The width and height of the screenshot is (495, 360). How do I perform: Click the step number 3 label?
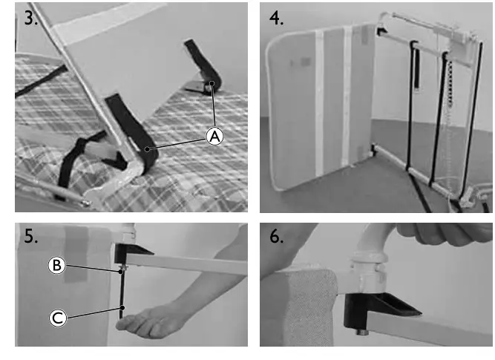click(32, 19)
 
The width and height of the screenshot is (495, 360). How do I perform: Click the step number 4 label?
click(276, 19)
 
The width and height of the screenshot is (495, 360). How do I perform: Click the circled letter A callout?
click(214, 136)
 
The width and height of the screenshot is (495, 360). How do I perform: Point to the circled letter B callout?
click(56, 264)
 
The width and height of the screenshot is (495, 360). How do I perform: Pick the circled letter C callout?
click(58, 318)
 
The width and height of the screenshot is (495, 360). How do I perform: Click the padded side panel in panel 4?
click(319, 104)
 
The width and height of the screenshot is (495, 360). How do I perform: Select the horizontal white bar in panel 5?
click(193, 266)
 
